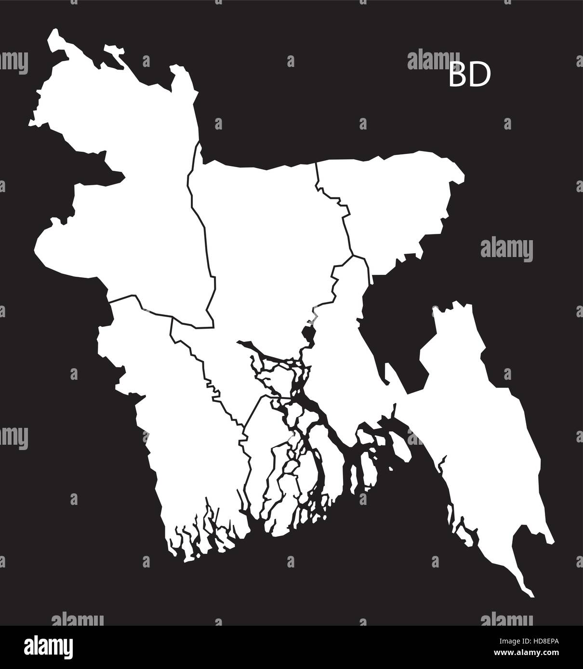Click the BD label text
[469, 76]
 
